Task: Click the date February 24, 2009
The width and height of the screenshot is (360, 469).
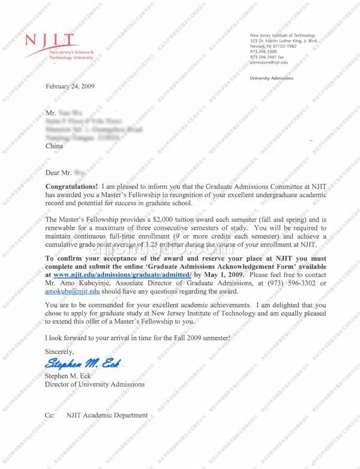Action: click(70, 86)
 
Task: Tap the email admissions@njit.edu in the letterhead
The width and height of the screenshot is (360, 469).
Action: click(269, 62)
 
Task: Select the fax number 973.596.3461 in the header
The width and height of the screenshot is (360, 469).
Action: click(267, 58)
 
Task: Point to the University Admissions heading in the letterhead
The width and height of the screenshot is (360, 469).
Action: click(271, 79)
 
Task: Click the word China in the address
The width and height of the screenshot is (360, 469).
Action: click(54, 145)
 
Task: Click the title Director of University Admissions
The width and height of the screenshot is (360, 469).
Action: click(95, 384)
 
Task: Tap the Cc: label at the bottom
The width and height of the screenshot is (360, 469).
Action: click(50, 415)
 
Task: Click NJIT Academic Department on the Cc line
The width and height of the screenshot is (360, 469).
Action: click(107, 415)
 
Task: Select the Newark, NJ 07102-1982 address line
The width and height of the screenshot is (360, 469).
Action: click(273, 46)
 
